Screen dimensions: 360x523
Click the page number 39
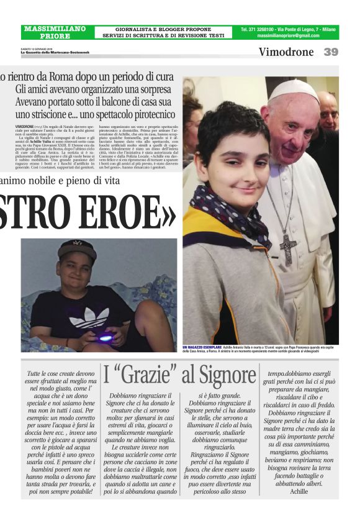click(331, 52)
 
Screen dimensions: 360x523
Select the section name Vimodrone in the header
click(286, 52)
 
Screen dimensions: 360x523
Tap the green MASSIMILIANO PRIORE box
click(55, 32)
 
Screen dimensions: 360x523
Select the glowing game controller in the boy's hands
click(107, 337)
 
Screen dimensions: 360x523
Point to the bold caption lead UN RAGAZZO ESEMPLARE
click(203, 346)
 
